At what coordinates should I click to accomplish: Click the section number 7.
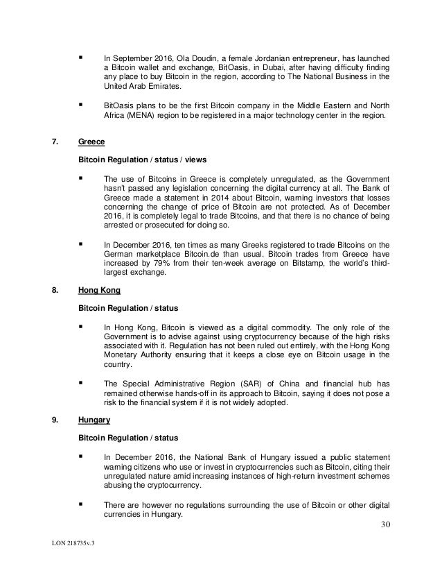click(x=55, y=142)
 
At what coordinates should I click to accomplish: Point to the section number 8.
click(x=55, y=302)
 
